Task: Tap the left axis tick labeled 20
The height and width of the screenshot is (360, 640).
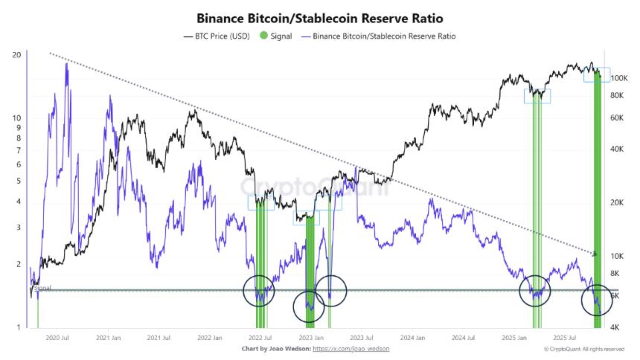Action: pos(16,55)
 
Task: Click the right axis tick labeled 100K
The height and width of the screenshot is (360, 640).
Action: pos(621,78)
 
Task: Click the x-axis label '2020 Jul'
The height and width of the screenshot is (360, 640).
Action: pos(58,338)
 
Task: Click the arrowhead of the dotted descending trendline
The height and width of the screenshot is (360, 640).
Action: pos(595,254)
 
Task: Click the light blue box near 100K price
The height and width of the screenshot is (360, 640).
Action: pos(597,75)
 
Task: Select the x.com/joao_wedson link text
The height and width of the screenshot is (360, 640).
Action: pos(351,348)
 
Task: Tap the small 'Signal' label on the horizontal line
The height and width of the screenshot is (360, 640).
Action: pos(42,287)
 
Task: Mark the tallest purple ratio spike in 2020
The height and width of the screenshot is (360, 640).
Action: pos(67,65)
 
